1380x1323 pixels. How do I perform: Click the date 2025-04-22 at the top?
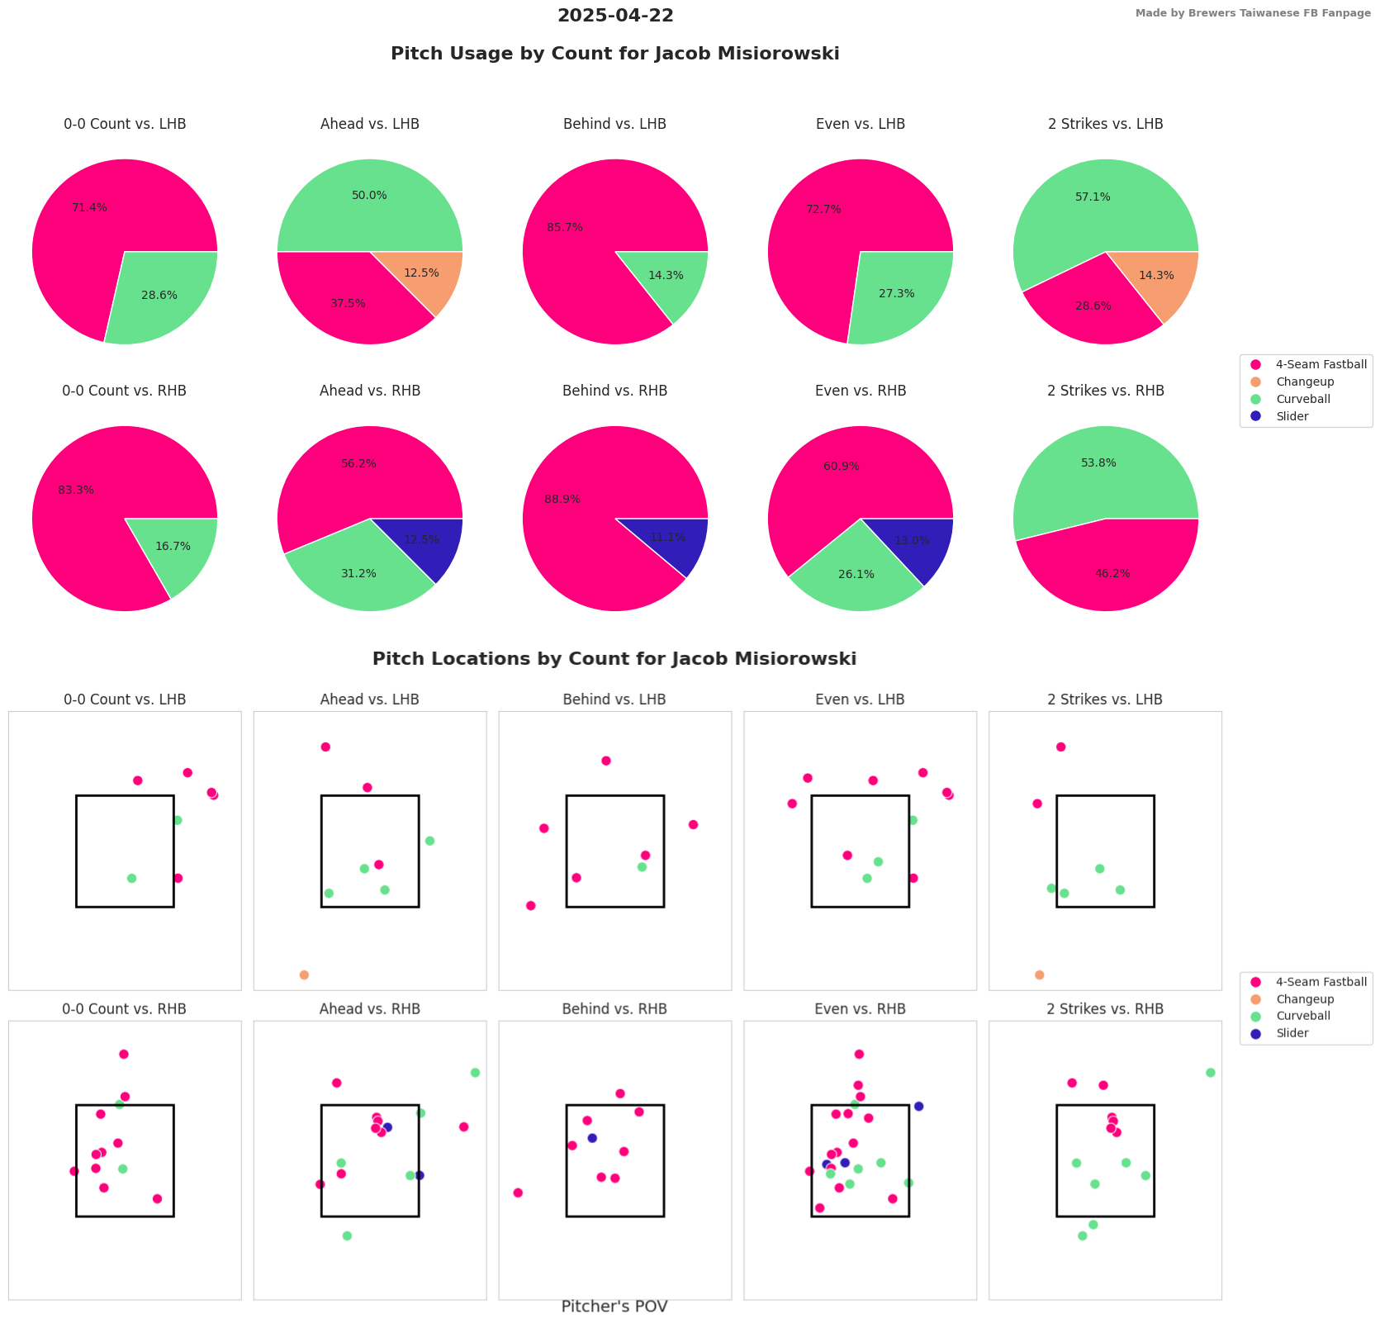[x=615, y=16]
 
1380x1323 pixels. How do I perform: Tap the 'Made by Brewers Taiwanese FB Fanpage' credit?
[x=1252, y=13]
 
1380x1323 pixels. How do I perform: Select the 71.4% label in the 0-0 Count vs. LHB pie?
[x=89, y=207]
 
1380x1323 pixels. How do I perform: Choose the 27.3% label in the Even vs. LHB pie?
[x=897, y=293]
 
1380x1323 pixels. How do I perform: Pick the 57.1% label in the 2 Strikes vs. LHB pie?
[x=1093, y=197]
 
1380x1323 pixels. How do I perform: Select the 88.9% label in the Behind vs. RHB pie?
[x=562, y=500]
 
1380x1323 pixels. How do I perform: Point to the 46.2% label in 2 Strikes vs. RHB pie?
[x=1112, y=573]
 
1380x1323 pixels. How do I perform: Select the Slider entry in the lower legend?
[x=1292, y=1033]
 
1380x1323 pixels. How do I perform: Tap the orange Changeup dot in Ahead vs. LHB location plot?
[x=304, y=974]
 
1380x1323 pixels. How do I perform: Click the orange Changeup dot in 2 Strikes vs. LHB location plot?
[x=1039, y=974]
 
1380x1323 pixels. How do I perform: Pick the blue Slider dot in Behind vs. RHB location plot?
[x=591, y=1138]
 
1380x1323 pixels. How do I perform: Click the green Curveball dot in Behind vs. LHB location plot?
[x=642, y=867]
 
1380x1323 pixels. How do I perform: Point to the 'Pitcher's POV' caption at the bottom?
[x=614, y=1306]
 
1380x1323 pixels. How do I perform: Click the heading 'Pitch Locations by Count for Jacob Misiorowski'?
[x=614, y=659]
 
